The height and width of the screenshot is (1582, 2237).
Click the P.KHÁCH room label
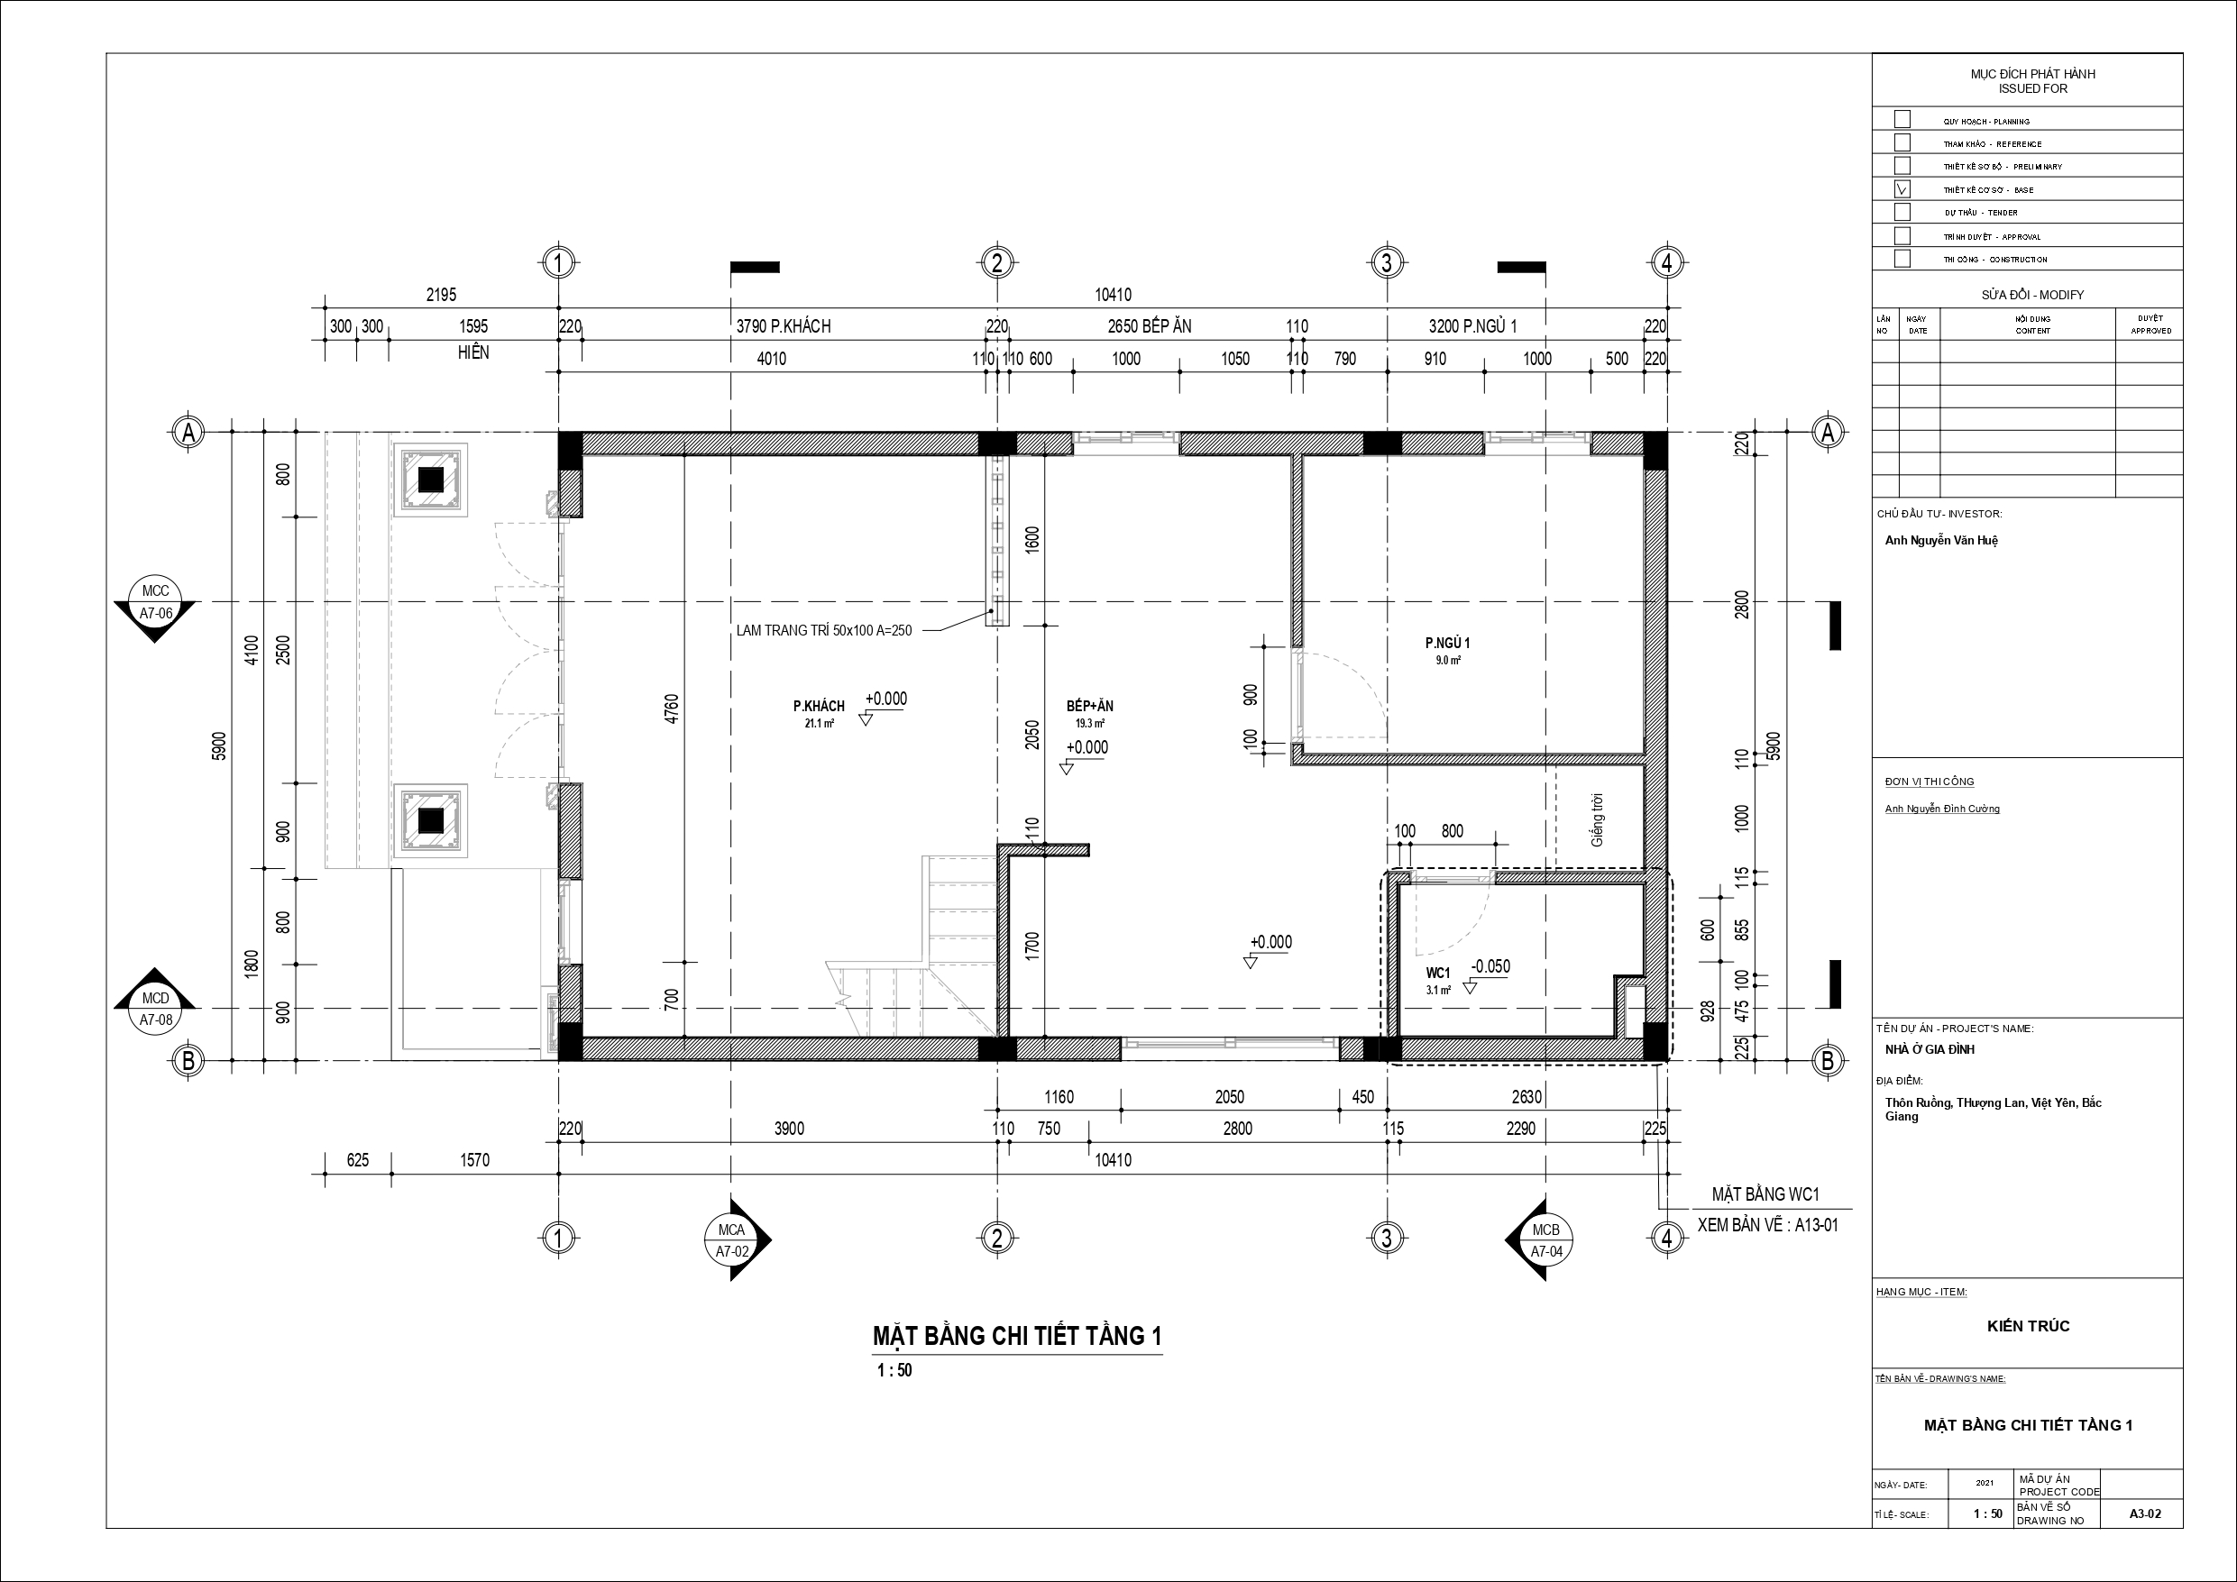819,706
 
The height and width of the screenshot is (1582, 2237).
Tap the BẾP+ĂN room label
1090,706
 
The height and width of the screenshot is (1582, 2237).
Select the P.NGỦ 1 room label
1448,643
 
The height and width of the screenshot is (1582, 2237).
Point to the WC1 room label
1438,974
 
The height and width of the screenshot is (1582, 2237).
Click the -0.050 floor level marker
1490,966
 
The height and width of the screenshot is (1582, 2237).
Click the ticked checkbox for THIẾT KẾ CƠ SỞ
1902,189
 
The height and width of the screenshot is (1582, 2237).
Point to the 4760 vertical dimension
672,709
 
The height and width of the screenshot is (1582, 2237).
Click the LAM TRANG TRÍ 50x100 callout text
824,630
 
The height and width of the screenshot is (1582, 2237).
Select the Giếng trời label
1597,819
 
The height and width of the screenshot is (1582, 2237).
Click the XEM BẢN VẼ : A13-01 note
1767,1224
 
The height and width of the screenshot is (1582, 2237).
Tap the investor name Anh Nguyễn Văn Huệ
1941,541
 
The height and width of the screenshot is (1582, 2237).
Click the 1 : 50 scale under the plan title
894,1370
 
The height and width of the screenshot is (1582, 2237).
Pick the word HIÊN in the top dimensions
473,352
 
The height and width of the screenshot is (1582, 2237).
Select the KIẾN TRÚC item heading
2029,1326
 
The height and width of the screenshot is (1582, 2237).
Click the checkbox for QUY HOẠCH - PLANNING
1902,120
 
